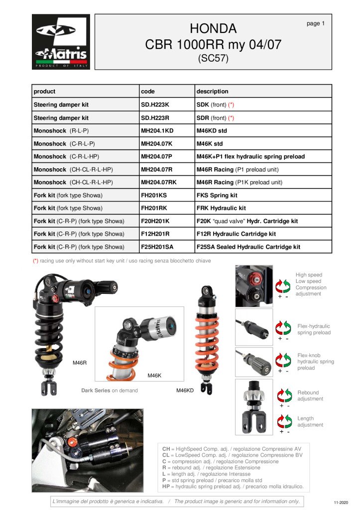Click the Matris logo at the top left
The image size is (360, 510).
(x=61, y=42)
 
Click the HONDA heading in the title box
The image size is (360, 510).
(x=213, y=28)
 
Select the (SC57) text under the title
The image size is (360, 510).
(x=213, y=58)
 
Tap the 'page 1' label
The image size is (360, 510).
(x=316, y=23)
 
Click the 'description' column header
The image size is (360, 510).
(x=213, y=91)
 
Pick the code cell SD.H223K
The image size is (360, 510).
(x=155, y=105)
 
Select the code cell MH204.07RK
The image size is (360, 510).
(x=159, y=182)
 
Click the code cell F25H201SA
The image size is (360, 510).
(x=159, y=247)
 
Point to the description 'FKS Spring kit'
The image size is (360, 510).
(x=217, y=195)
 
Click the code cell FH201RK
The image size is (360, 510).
(x=155, y=208)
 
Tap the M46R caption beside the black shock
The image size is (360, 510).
(x=80, y=363)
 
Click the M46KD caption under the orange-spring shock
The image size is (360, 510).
(x=185, y=390)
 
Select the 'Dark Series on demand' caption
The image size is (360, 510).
(x=110, y=390)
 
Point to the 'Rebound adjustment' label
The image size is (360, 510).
(x=310, y=395)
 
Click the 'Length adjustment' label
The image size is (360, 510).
(x=310, y=422)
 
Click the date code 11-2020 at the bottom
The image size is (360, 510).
(x=341, y=503)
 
